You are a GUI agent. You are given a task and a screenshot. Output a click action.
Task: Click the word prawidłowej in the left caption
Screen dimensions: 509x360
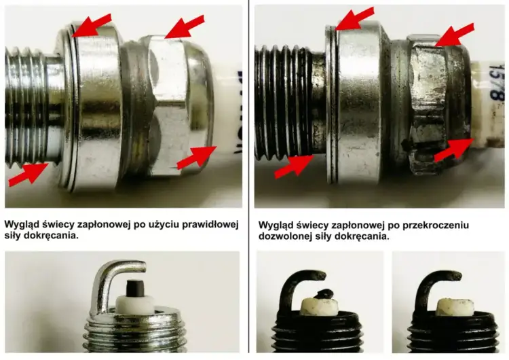pos(210,225)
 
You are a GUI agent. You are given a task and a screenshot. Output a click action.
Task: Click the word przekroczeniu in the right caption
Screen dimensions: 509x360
pos(436,225)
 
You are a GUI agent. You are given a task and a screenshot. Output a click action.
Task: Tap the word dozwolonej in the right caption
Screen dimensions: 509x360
pos(285,236)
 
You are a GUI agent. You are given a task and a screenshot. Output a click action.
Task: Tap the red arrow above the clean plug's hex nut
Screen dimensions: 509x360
pos(185,26)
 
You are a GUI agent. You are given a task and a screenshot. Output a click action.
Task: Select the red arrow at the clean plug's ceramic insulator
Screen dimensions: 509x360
pos(197,158)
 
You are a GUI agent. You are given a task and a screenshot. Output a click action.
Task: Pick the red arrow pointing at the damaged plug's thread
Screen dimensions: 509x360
pos(294,166)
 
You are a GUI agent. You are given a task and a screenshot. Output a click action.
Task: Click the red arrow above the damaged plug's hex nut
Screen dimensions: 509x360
pos(455,35)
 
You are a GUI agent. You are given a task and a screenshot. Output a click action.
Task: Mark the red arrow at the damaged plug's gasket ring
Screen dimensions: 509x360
pos(354,18)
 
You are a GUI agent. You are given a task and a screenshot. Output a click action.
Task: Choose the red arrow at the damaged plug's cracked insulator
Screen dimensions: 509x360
pos(454,149)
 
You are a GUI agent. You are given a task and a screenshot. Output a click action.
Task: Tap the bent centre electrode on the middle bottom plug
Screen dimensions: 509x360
pos(323,294)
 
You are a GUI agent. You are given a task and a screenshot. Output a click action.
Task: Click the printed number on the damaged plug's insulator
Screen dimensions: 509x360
pos(496,84)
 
